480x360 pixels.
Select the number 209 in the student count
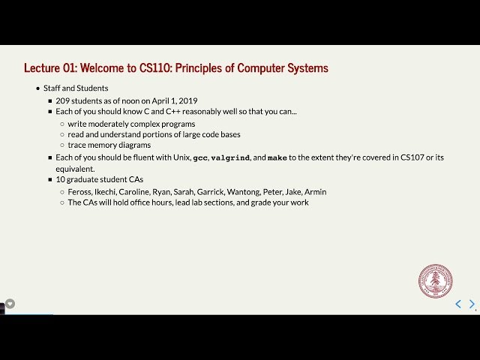tap(63, 100)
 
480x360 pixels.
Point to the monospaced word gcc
tap(200, 158)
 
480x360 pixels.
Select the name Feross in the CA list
tap(80, 192)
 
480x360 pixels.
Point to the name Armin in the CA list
tap(316, 192)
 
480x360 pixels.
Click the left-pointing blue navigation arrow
tap(458, 304)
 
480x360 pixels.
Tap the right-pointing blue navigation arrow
tap(472, 304)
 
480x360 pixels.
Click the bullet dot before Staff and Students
tap(38, 88)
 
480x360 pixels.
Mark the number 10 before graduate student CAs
tap(61, 181)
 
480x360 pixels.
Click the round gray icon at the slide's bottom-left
tap(10, 304)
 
